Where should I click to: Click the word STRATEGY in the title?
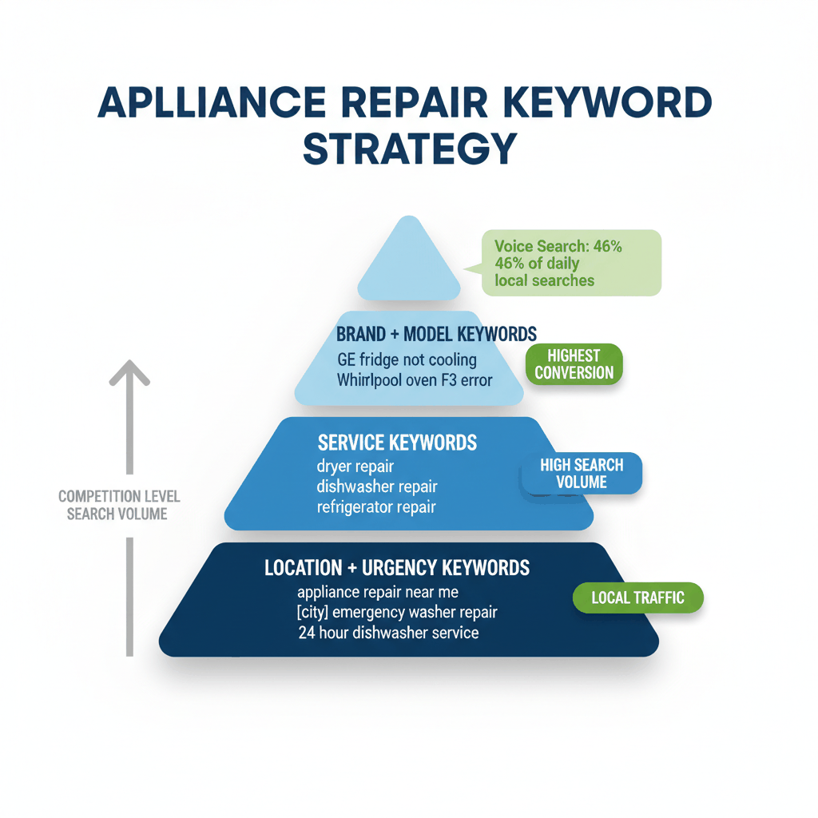coord(409,149)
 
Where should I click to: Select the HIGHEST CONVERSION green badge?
coord(574,364)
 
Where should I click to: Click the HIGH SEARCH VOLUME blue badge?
coord(582,473)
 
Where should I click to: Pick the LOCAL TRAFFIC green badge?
coord(638,598)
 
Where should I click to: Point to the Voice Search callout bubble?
coord(571,263)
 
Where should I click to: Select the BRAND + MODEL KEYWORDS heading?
coord(436,334)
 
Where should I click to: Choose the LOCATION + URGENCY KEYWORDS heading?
coord(396,567)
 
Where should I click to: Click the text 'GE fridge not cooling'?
coord(407,359)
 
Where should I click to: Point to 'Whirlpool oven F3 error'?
coord(414,380)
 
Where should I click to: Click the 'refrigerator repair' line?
coord(376,506)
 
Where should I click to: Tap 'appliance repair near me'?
coord(377,592)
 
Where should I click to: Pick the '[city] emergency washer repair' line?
coord(396,613)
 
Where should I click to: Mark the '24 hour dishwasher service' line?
coord(388,633)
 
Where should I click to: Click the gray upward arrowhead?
coord(129,373)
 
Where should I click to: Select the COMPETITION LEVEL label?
coord(119,497)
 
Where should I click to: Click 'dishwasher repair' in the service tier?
coord(376,486)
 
